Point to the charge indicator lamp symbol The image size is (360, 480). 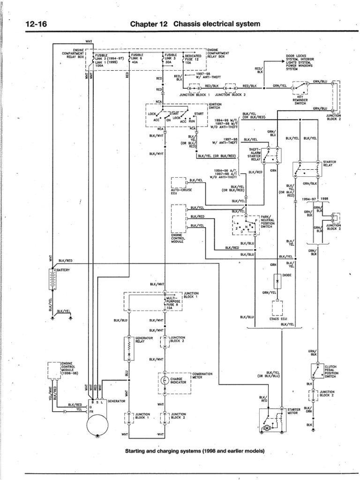[165, 380]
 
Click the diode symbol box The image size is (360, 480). [277, 281]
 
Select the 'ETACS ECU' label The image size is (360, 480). [277, 319]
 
